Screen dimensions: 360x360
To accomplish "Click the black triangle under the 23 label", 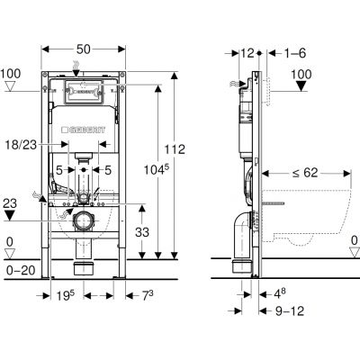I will [10, 215].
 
